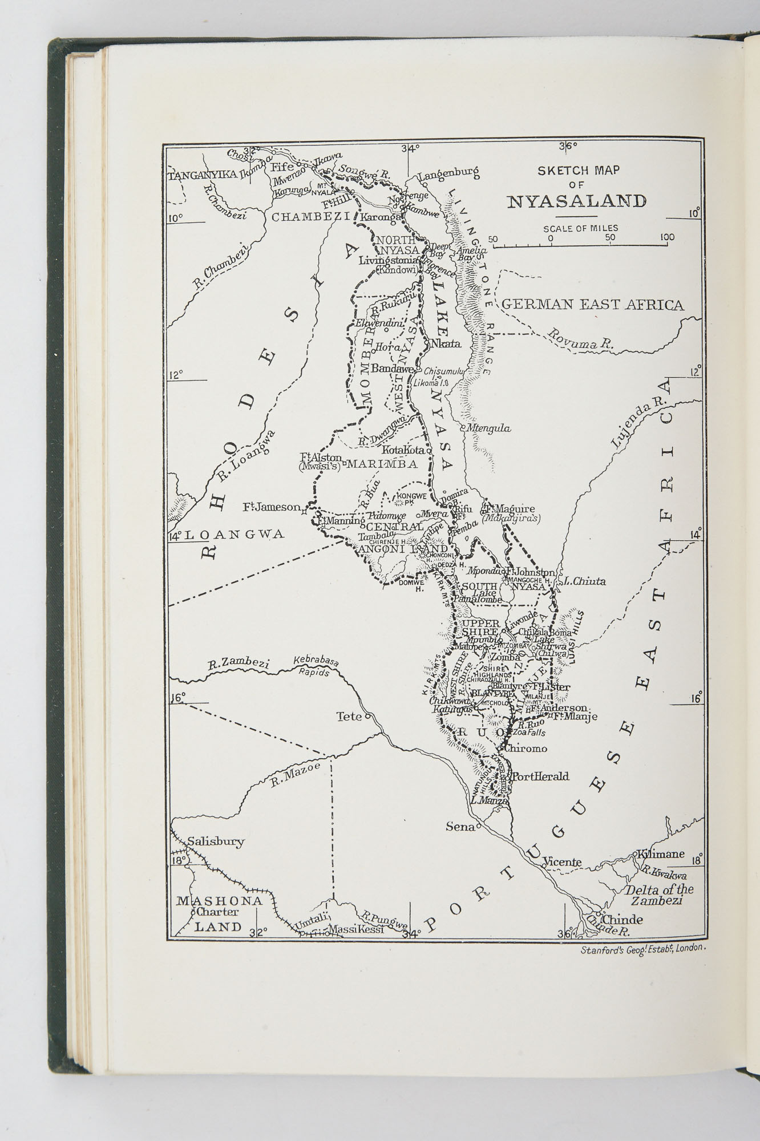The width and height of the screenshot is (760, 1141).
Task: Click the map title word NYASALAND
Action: [x=577, y=201]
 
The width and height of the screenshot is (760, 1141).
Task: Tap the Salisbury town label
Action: [x=216, y=841]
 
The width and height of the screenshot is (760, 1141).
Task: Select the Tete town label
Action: [x=349, y=716]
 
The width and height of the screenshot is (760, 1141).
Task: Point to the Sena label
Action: [x=460, y=826]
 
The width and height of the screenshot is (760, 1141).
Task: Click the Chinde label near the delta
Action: [x=622, y=920]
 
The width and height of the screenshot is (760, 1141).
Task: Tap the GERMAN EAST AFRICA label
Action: [x=592, y=305]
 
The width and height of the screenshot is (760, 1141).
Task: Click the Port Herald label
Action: [x=540, y=776]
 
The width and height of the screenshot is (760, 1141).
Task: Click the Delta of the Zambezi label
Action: [x=659, y=895]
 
